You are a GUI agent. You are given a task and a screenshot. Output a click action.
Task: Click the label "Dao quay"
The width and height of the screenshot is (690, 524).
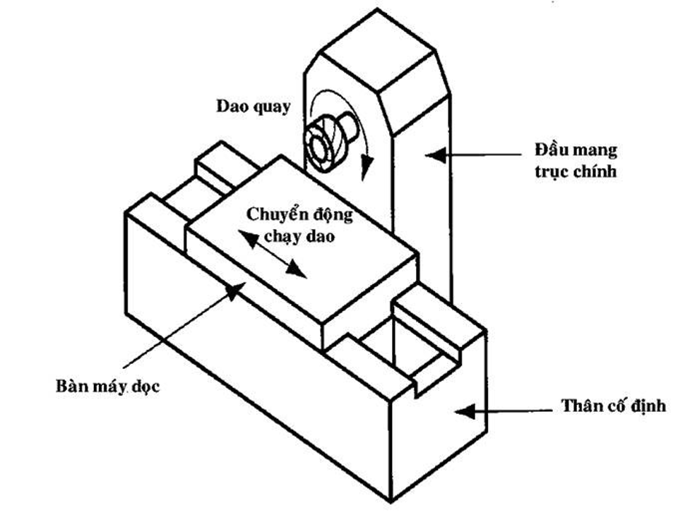click(x=253, y=106)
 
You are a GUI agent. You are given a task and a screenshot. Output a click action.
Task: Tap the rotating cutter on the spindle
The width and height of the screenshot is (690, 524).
click(x=321, y=145)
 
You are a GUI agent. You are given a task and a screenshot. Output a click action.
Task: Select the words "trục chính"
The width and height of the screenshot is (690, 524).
click(x=576, y=171)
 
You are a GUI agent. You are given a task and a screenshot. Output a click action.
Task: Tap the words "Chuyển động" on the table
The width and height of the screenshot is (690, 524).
click(x=299, y=214)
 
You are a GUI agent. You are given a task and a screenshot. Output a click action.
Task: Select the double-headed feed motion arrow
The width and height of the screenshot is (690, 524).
click(x=272, y=253)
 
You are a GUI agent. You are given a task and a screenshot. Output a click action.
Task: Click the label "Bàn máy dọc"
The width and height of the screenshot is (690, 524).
click(x=107, y=387)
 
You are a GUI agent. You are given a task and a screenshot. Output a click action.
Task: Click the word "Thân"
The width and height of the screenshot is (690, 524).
click(x=582, y=406)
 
